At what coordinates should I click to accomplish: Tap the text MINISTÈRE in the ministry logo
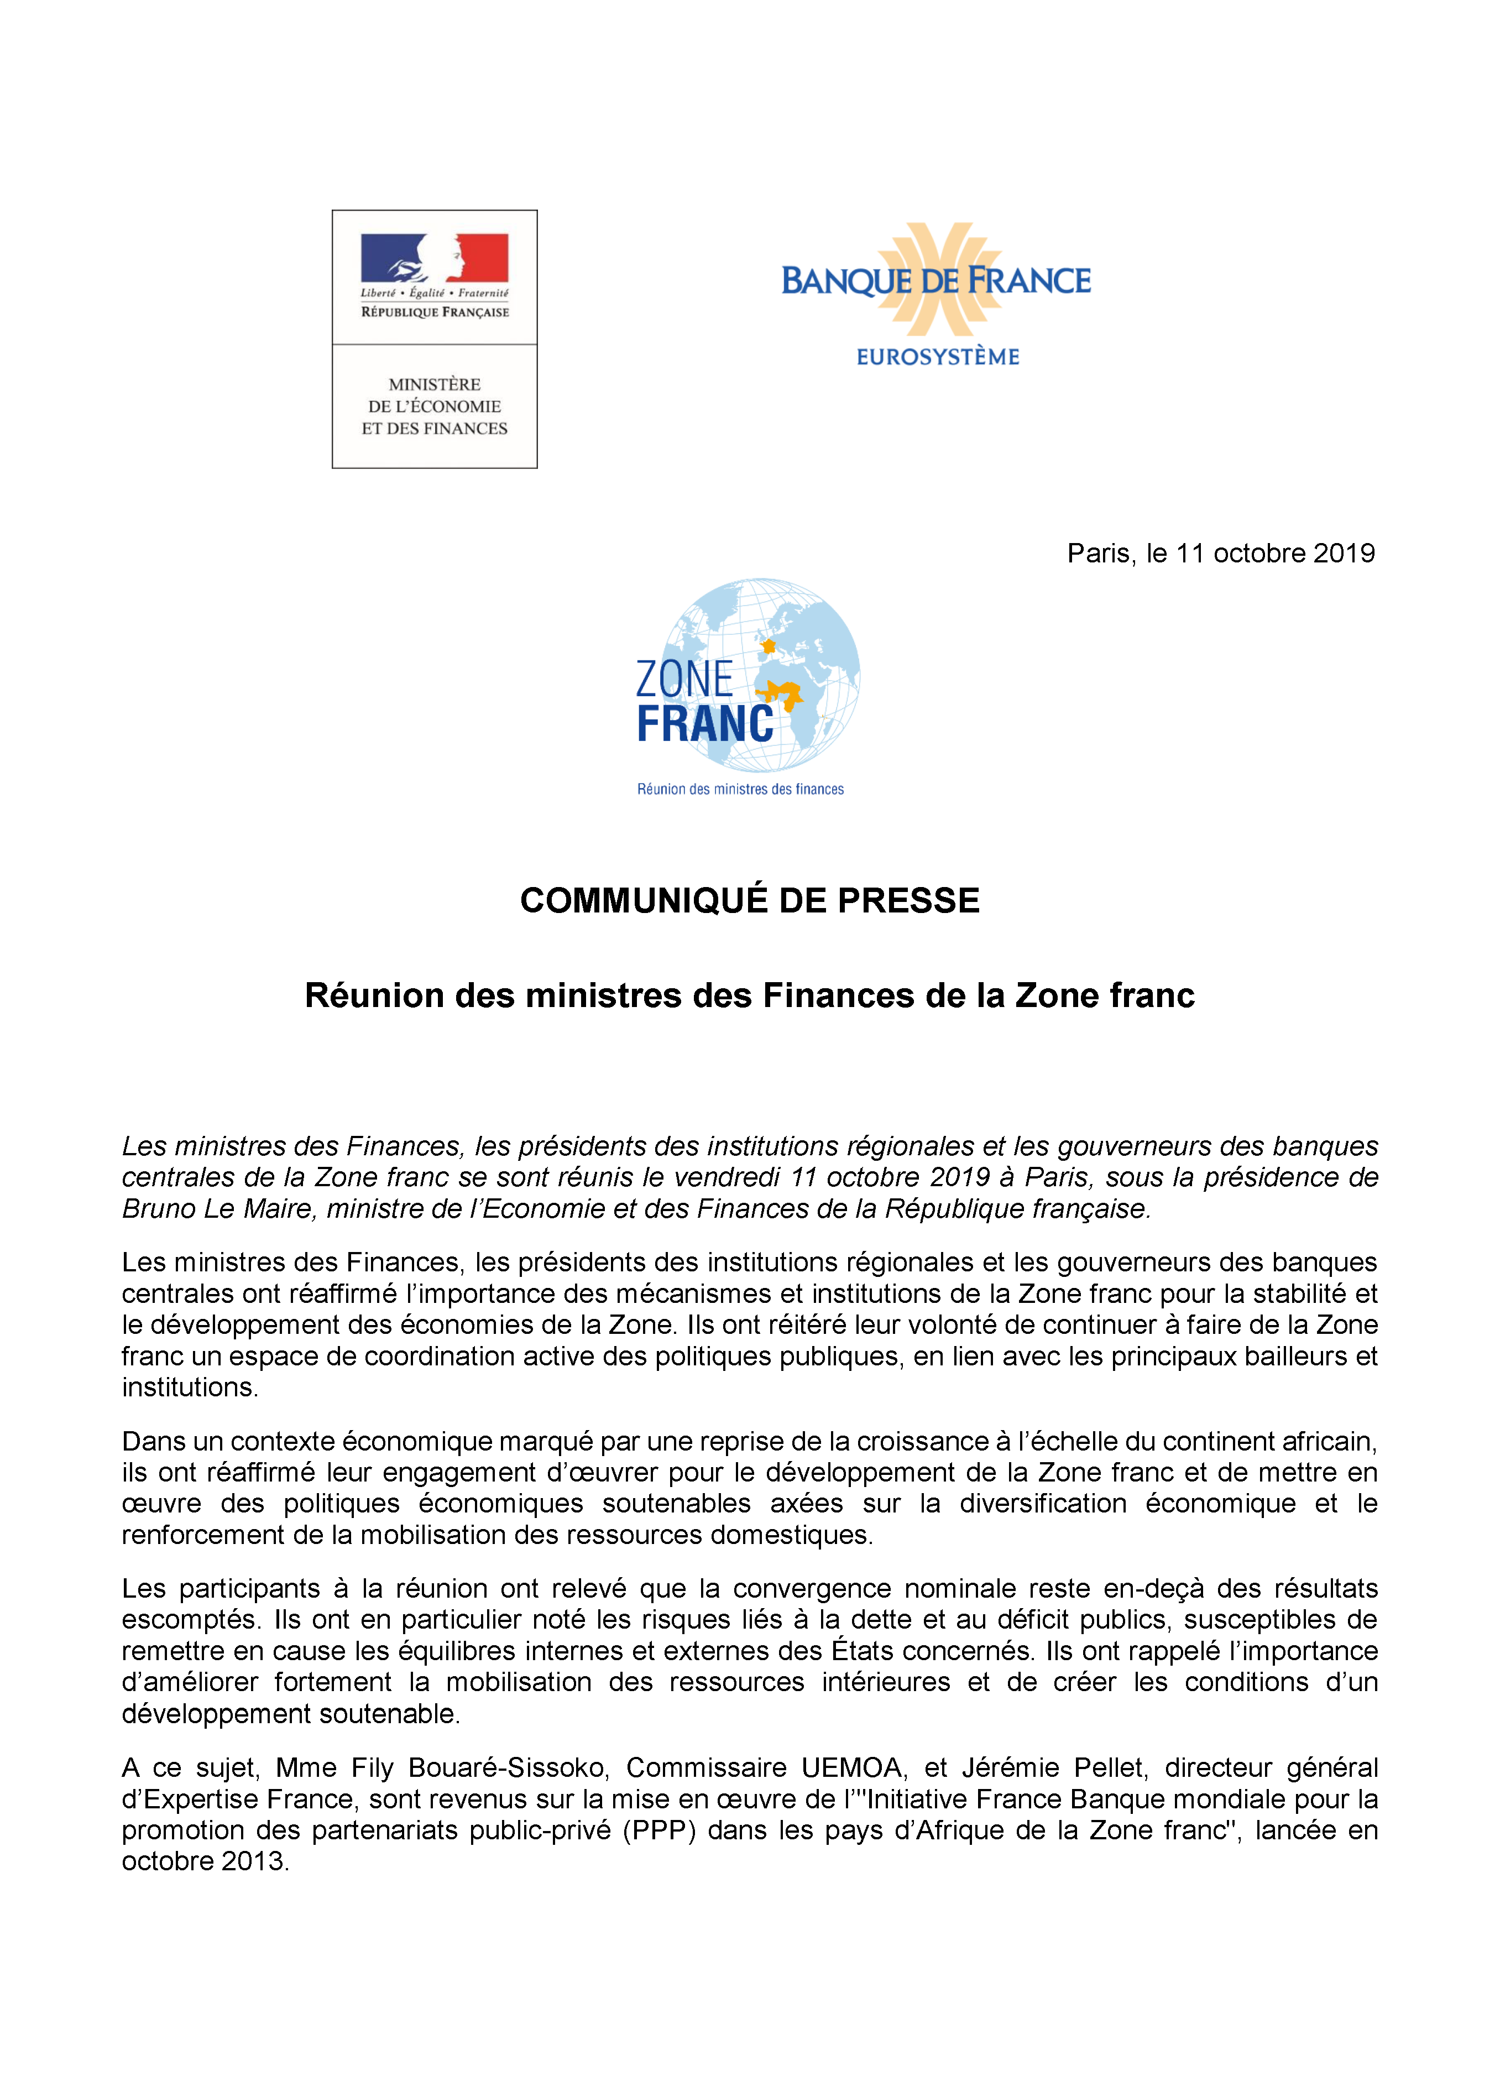coord(434,384)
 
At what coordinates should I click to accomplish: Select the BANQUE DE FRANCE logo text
coord(935,281)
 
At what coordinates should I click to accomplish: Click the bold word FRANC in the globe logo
coord(705,725)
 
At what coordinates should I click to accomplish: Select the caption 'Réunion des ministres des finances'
coord(740,789)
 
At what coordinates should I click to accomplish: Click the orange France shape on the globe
coord(769,646)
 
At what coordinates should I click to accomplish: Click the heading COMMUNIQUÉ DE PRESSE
coord(750,901)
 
